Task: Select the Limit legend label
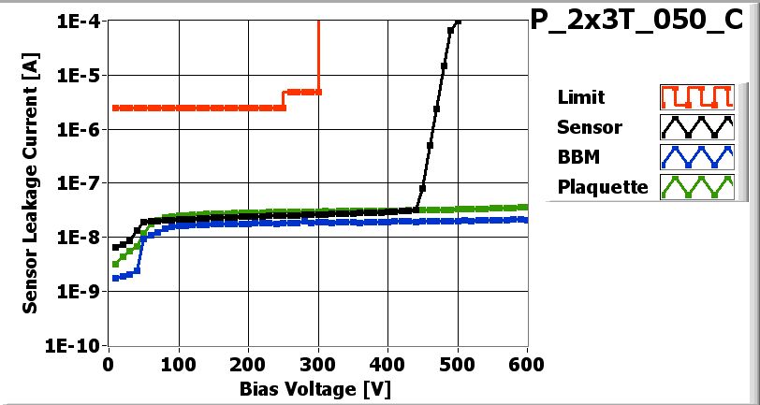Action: click(580, 97)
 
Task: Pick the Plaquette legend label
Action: click(603, 186)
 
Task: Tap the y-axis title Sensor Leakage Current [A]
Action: click(31, 182)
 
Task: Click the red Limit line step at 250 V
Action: click(284, 99)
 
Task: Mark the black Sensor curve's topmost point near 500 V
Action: click(458, 21)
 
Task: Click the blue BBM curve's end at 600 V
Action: click(524, 220)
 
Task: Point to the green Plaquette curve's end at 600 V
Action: click(524, 207)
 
